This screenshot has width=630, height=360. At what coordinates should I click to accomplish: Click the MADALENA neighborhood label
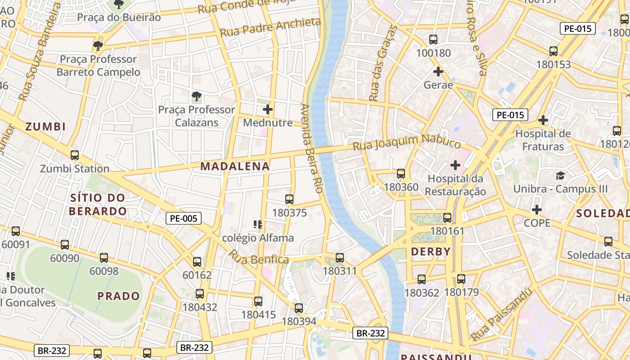coord(235,166)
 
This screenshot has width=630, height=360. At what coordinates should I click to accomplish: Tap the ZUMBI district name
coord(45,126)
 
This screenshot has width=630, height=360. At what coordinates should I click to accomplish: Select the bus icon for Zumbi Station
coord(75,155)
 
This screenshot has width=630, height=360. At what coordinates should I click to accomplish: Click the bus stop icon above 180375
coord(289,199)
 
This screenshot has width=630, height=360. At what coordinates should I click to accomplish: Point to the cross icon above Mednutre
coord(268,109)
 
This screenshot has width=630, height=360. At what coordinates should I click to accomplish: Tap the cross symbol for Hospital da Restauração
coord(455,165)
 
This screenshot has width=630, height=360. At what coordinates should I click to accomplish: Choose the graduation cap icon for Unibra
coord(560,175)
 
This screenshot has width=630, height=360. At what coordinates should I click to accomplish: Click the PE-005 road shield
coord(183,219)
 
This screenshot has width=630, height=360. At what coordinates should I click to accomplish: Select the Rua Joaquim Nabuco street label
coord(406,143)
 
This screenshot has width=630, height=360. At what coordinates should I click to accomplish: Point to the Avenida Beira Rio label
coord(312,148)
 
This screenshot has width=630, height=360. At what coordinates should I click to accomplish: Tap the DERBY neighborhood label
coord(431,252)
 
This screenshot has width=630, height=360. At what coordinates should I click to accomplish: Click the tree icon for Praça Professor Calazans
coord(196,96)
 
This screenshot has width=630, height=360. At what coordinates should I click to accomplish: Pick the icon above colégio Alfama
coord(258,224)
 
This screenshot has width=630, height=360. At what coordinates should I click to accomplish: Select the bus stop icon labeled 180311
coord(340,258)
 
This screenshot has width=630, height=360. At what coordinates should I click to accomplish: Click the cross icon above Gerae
coord(438,72)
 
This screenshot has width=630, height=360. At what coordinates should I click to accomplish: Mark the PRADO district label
coord(119,296)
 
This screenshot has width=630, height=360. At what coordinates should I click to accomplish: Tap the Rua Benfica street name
coord(258,257)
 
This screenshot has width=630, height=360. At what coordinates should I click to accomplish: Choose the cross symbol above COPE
coord(537,210)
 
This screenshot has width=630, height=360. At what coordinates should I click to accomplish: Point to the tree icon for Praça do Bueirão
coord(119,4)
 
